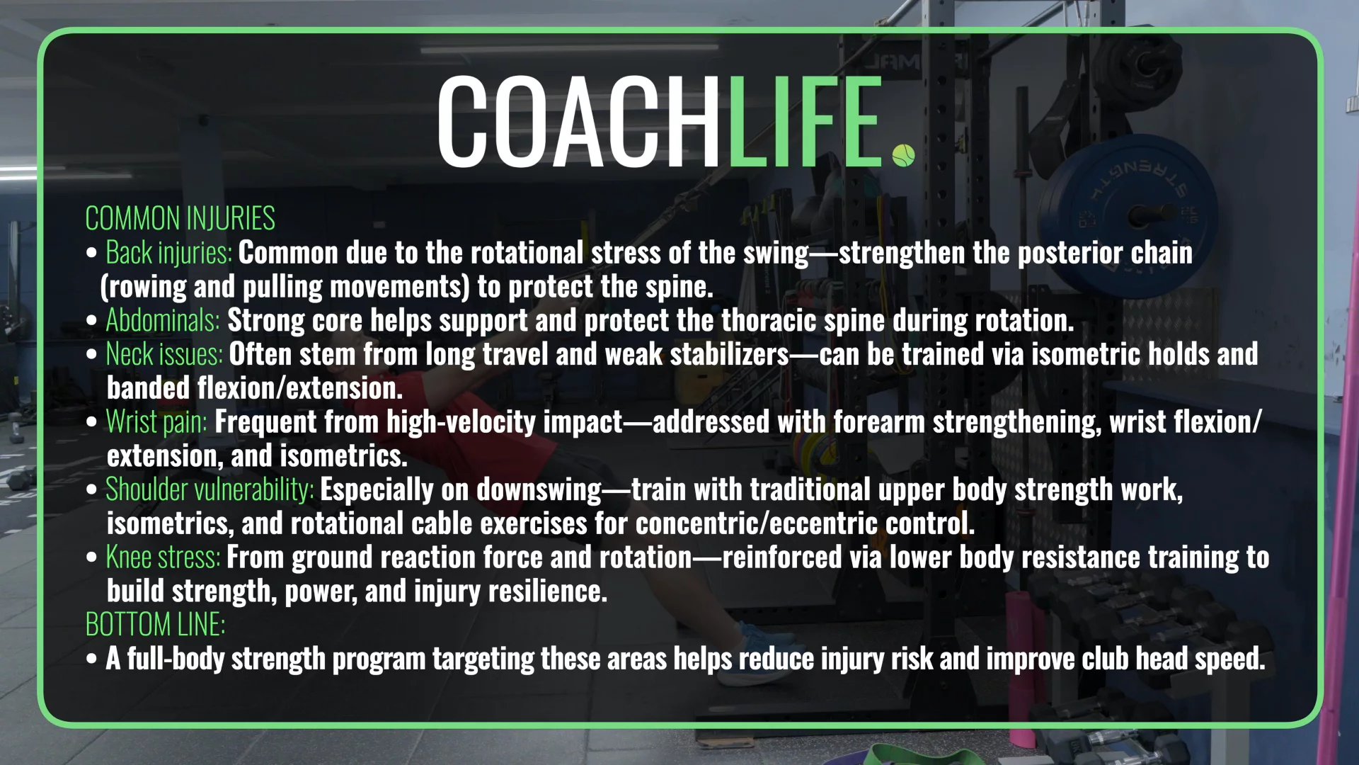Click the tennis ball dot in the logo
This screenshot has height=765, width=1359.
pyautogui.click(x=903, y=155)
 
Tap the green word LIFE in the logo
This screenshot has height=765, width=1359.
pyautogui.click(x=803, y=122)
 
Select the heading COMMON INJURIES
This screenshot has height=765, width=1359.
pyautogui.click(x=180, y=218)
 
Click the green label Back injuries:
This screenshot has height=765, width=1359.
pyautogui.click(x=168, y=253)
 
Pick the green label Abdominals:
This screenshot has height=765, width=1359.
pyautogui.click(x=163, y=320)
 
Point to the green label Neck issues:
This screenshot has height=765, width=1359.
pyautogui.click(x=164, y=354)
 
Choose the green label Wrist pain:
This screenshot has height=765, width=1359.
pyautogui.click(x=156, y=422)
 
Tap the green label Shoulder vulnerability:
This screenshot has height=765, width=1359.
pyautogui.click(x=210, y=489)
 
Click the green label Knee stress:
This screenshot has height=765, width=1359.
pyautogui.click(x=163, y=557)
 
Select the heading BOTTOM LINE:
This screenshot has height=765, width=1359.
pyautogui.click(x=155, y=625)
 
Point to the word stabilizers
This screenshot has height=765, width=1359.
pyautogui.click(x=729, y=354)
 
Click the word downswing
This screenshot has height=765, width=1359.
pyautogui.click(x=539, y=489)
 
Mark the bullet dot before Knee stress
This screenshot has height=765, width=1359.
pyautogui.click(x=91, y=557)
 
